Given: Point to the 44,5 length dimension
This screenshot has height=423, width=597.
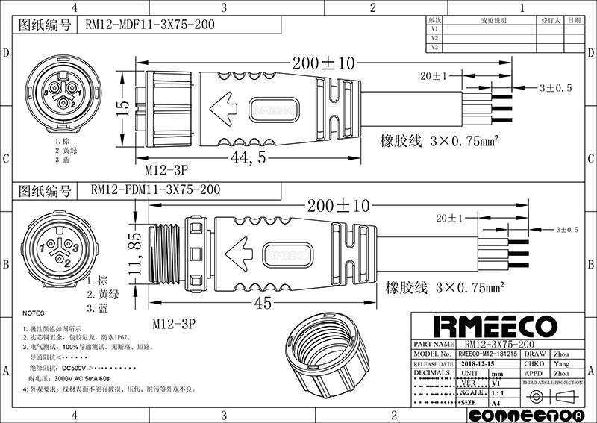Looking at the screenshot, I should coord(251,158).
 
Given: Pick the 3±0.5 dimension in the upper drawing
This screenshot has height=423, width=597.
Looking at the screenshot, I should coord(555,88).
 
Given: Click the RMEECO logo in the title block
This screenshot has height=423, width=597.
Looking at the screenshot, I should coord(495,326).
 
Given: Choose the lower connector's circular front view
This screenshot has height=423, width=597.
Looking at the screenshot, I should coord(57,248).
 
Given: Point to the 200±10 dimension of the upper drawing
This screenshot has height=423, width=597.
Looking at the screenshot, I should coord(321,64).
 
